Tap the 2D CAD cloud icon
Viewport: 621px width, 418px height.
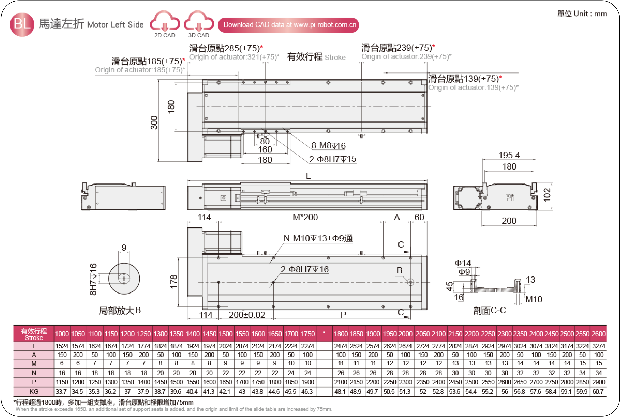click(165, 21)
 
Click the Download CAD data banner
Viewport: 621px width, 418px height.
click(288, 25)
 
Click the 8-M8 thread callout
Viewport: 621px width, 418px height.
click(328, 146)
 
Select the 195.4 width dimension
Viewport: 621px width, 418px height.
click(509, 155)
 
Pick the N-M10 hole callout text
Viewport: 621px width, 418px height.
click(318, 238)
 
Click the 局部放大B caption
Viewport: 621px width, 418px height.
click(120, 310)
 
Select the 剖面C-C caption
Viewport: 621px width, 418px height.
click(490, 310)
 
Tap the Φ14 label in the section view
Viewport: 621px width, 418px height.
click(463, 263)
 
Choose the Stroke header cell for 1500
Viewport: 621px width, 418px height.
click(226, 334)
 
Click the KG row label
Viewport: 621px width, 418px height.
click(34, 391)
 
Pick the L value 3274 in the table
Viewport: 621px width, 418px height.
click(599, 346)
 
